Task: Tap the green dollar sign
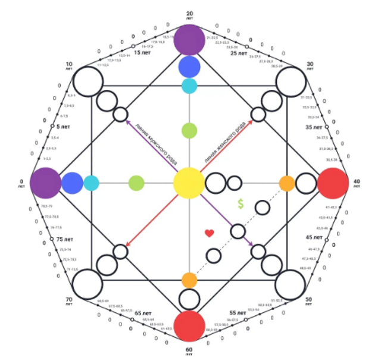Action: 241,204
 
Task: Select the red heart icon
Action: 209,234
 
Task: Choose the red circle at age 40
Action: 333,183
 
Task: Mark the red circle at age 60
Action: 189,326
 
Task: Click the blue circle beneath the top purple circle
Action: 189,67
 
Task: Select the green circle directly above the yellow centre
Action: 189,130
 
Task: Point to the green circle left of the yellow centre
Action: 136,183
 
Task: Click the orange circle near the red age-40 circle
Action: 287,183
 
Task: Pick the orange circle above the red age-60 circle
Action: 189,280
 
